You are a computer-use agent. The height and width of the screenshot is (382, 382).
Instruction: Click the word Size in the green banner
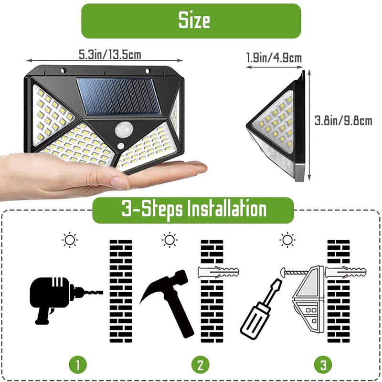194,21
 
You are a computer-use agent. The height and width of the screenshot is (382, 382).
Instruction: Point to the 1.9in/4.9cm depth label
274,59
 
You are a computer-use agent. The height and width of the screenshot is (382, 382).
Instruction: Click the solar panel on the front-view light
117,96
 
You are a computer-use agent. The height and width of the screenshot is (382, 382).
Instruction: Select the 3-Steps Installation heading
194,209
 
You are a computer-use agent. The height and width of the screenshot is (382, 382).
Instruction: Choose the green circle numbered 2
200,366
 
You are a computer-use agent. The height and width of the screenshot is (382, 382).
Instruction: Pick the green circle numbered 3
323,366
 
